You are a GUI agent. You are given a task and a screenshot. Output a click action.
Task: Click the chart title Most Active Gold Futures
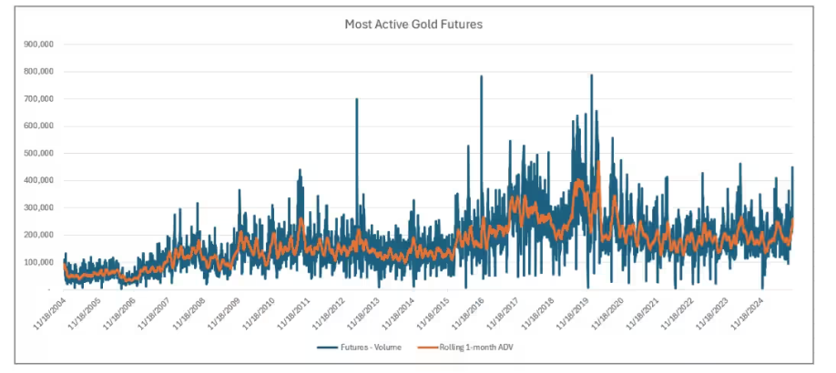click(x=413, y=25)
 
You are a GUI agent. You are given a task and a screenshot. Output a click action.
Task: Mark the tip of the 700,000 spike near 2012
click(x=356, y=99)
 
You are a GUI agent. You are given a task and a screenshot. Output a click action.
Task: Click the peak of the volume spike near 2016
click(x=481, y=76)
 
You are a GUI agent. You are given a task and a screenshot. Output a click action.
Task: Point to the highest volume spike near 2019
click(x=591, y=75)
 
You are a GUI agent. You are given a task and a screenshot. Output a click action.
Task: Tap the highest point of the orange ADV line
click(x=597, y=162)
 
